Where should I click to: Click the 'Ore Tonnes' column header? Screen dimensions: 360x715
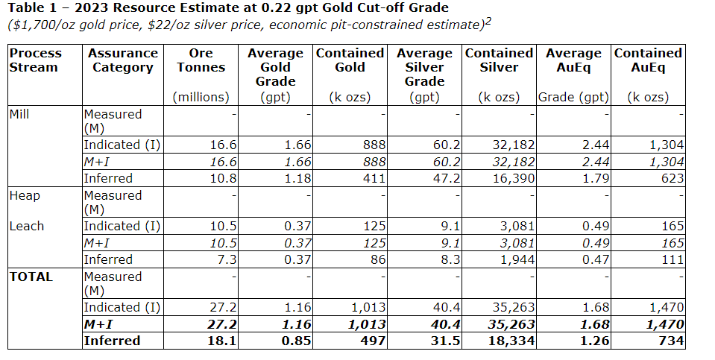tap(201, 60)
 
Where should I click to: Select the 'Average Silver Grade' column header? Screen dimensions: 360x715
tap(425, 67)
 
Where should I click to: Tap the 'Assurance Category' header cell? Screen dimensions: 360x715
tap(122, 60)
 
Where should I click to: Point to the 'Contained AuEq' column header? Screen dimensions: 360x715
tap(648, 60)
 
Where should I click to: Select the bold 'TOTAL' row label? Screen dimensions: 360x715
tap(31, 277)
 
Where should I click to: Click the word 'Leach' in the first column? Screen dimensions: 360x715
tap(27, 226)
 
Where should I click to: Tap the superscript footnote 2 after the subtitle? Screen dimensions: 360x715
tap(488, 21)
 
